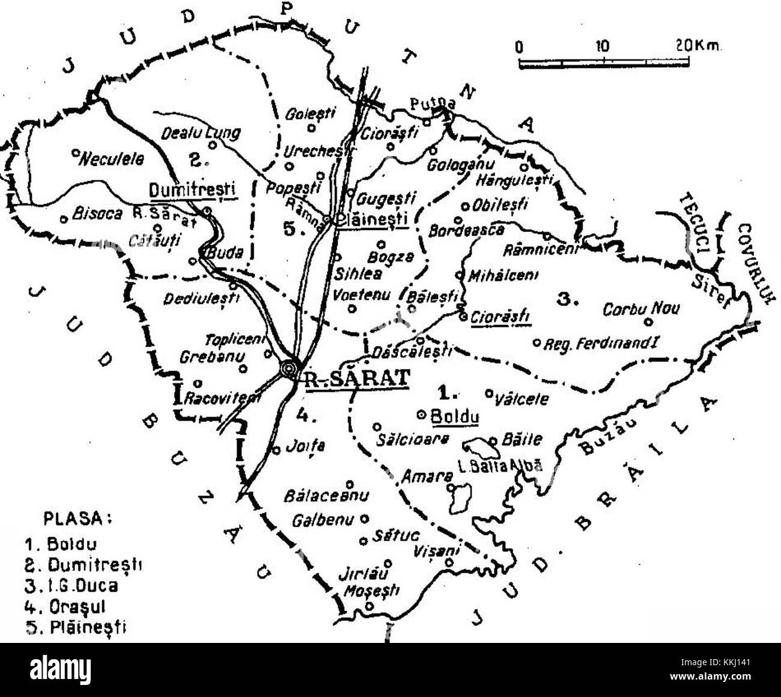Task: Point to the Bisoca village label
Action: pos(93,213)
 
